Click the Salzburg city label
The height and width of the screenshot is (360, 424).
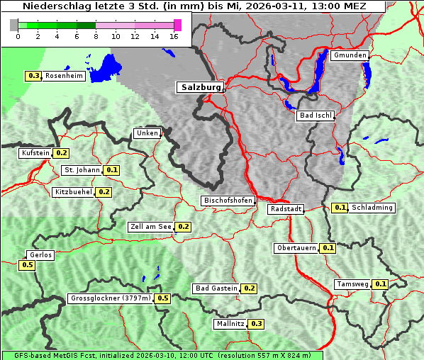[x=200, y=87]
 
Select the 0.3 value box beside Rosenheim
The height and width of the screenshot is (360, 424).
[x=33, y=76]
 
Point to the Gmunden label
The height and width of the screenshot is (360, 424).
[x=350, y=55]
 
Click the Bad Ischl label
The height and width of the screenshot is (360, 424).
[x=315, y=116]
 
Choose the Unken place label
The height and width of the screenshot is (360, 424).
[x=147, y=133]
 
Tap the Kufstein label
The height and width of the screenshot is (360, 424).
[x=35, y=152]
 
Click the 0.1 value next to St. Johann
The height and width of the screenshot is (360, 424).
[x=112, y=170]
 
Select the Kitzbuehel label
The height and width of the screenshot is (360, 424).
[x=74, y=191]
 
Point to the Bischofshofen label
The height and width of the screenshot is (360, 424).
[x=228, y=201]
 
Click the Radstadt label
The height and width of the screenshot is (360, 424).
[x=286, y=209]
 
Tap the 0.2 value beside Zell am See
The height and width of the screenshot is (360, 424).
[x=183, y=227]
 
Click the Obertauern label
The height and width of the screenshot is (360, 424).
[x=296, y=248]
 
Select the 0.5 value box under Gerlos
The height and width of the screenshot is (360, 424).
[x=27, y=265]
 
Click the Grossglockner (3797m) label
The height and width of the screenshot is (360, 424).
[x=111, y=298]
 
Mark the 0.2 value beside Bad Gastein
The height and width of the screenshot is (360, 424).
[x=249, y=288]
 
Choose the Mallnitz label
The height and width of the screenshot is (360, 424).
[x=230, y=324]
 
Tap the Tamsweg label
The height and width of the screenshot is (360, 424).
[x=353, y=284]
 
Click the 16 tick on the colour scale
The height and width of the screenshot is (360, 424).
[x=174, y=35]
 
